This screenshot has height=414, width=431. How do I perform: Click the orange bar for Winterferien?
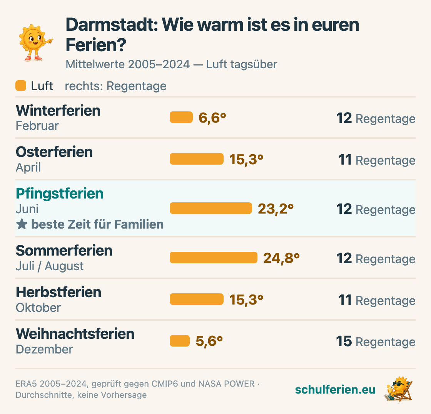point(181,117)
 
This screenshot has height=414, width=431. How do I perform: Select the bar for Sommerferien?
point(214,257)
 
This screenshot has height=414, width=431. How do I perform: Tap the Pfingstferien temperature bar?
point(211,208)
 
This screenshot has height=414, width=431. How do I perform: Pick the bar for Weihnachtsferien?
point(180,341)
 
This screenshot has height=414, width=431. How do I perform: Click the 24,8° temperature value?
point(281,258)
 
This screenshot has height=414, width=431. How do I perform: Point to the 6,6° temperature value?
point(212,118)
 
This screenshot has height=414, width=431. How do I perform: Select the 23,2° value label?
point(276,209)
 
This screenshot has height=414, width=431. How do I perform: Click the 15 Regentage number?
point(344,341)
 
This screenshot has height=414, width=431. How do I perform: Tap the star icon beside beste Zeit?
point(22,224)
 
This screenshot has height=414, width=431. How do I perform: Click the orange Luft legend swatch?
point(21,86)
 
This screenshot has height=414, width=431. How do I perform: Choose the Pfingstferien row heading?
point(60,193)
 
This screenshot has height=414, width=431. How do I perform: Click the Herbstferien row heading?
point(58,292)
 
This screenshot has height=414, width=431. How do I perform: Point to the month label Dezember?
point(44,349)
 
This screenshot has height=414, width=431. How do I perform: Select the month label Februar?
point(37,126)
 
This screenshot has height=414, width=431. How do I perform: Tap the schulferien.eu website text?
point(335,389)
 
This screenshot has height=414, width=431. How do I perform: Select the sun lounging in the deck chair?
point(398,389)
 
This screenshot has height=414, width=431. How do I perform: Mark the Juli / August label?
point(50,266)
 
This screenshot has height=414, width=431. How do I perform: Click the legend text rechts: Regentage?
point(116,86)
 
